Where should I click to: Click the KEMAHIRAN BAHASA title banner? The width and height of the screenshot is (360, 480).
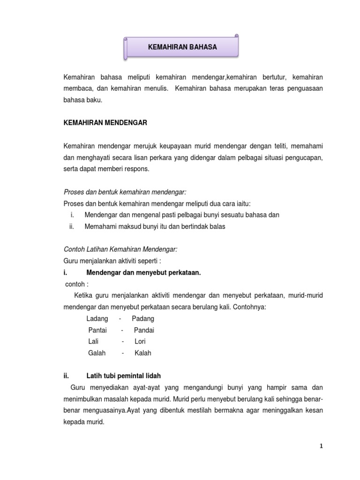[x=182, y=47]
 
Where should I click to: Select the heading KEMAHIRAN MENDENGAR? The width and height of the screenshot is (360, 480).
[x=105, y=123]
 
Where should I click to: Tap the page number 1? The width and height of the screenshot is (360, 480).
[x=322, y=447]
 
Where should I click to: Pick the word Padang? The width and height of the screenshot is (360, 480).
[x=143, y=319]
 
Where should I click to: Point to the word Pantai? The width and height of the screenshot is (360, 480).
[x=97, y=330]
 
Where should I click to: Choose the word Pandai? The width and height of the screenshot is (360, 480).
[x=144, y=330]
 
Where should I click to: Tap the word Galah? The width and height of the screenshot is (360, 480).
[x=97, y=353]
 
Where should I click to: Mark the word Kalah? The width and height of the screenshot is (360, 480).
[x=143, y=353]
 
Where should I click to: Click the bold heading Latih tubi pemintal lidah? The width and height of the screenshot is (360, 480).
[x=126, y=376]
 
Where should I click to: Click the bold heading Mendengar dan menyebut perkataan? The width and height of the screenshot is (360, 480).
[x=143, y=272]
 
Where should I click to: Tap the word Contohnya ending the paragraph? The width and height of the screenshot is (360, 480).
[x=248, y=307]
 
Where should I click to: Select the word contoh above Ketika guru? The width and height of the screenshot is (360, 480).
[x=76, y=284]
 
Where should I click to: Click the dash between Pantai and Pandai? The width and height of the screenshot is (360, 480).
[x=122, y=330]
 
